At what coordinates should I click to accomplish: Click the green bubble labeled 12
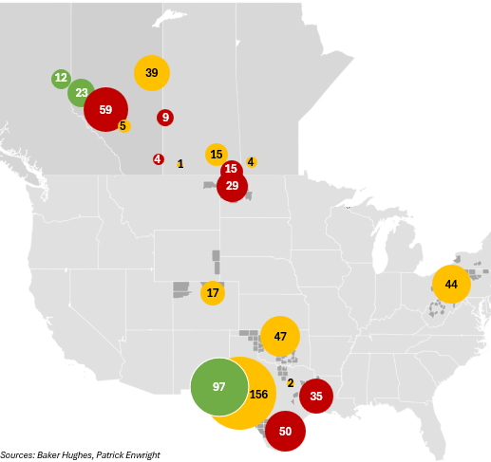(x=61, y=78)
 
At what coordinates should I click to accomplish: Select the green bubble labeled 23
(x=82, y=93)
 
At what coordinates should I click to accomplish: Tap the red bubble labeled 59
(x=105, y=109)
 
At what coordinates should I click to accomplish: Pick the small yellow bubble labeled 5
(x=123, y=125)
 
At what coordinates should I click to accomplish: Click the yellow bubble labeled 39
(x=151, y=73)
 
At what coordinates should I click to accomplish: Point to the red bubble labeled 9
(x=165, y=117)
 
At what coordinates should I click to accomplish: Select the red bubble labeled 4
(x=158, y=158)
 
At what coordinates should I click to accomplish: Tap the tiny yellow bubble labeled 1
(x=180, y=163)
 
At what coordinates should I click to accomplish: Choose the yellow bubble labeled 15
(x=217, y=154)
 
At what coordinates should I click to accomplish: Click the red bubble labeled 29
(x=233, y=186)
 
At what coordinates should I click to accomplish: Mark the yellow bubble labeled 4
(x=251, y=162)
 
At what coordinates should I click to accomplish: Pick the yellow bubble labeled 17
(x=213, y=292)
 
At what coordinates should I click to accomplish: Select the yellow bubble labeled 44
(x=451, y=285)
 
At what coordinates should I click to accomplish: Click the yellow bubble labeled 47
(x=280, y=337)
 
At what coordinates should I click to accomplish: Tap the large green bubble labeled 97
(x=219, y=387)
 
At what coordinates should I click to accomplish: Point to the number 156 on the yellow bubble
(x=258, y=395)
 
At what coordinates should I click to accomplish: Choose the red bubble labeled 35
(x=316, y=396)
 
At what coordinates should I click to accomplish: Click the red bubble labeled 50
(x=285, y=431)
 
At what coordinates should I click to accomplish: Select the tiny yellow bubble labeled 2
(x=291, y=382)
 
